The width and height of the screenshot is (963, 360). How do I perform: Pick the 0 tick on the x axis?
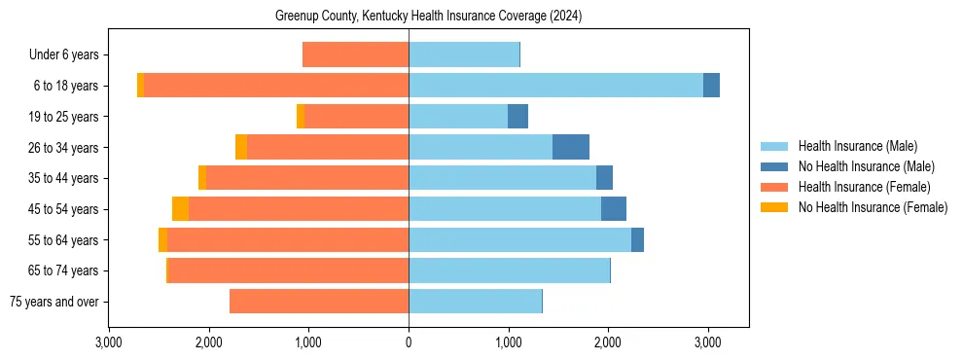pyautogui.click(x=409, y=342)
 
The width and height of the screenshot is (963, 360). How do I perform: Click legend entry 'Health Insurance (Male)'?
pyautogui.click(x=857, y=146)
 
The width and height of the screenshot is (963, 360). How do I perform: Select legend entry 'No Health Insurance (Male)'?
pyautogui.click(x=864, y=166)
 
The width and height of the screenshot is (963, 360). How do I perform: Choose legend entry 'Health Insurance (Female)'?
pyautogui.click(x=861, y=187)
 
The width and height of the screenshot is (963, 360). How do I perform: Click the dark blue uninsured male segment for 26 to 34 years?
pyautogui.click(x=571, y=147)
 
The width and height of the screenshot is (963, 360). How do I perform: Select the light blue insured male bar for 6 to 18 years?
pyautogui.click(x=555, y=86)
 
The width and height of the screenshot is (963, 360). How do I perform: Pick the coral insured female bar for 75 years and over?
pyautogui.click(x=319, y=302)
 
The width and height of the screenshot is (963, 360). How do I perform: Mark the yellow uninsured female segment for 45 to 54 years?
pyautogui.click(x=180, y=209)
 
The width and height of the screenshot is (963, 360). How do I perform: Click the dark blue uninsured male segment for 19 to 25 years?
pyautogui.click(x=517, y=117)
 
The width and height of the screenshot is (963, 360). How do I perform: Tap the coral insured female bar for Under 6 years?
pyautogui.click(x=355, y=55)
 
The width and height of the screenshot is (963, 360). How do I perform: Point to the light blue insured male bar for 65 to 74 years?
pyautogui.click(x=509, y=270)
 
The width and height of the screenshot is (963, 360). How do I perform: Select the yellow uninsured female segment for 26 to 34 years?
pyautogui.click(x=241, y=147)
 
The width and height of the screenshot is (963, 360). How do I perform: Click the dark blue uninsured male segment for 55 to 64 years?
pyautogui.click(x=637, y=239)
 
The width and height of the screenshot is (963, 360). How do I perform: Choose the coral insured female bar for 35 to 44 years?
pyautogui.click(x=307, y=178)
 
